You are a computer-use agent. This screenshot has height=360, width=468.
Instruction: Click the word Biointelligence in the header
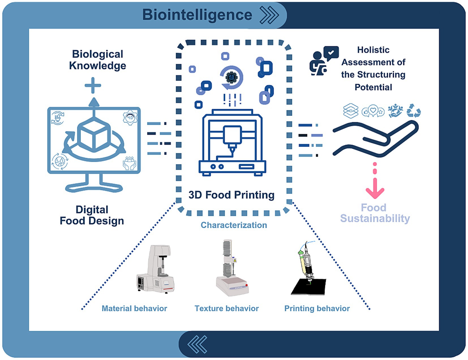(197, 15)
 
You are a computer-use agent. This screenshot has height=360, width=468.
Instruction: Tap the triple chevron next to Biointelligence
(269, 15)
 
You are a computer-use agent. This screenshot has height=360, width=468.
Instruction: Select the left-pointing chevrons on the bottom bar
(197, 344)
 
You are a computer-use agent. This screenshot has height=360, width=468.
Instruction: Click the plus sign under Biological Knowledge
(93, 85)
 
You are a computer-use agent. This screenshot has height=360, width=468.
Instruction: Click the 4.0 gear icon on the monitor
(130, 117)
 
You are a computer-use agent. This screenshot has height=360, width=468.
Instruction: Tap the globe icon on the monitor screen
(60, 161)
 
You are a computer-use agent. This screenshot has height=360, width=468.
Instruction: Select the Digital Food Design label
(92, 215)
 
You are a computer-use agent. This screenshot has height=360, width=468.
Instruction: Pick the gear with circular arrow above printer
(232, 77)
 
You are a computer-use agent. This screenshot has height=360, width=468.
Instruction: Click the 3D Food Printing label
(231, 195)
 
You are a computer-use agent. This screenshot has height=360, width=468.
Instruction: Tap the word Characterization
(234, 225)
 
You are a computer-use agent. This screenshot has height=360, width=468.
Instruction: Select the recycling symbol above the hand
(413, 111)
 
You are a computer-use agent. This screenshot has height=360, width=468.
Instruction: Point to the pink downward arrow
(375, 187)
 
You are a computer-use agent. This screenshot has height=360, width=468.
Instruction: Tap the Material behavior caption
(134, 308)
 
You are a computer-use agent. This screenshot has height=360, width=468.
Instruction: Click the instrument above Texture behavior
(231, 269)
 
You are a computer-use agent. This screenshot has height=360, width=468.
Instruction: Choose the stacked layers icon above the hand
(351, 111)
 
